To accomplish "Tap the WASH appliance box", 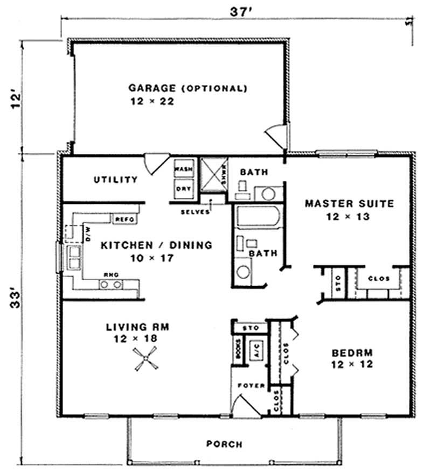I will click(x=183, y=169).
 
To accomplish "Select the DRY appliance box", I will click(x=183, y=188).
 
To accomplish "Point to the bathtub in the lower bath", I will click(x=258, y=218).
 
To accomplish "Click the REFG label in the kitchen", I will click(x=123, y=219).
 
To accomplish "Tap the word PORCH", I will click(x=224, y=444).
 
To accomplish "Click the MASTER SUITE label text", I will click(x=349, y=204).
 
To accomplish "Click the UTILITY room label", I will click(x=115, y=180).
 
